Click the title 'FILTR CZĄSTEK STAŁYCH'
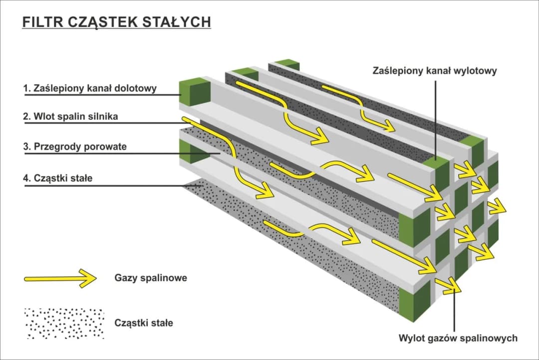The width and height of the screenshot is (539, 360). click(x=116, y=22)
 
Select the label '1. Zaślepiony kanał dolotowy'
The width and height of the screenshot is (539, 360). click(x=90, y=88)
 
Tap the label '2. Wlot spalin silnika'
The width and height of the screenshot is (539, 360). click(x=71, y=117)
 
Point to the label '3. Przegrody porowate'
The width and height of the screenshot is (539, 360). click(x=75, y=147)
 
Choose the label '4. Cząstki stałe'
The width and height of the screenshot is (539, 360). click(x=57, y=178)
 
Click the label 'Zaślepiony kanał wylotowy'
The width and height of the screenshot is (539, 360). click(x=435, y=71)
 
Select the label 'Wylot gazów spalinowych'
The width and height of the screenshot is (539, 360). click(x=458, y=338)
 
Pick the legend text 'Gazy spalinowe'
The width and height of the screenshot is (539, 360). click(x=151, y=278)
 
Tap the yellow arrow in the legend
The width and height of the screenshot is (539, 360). click(x=60, y=278)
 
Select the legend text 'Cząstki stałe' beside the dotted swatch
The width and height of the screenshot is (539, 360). click(x=144, y=323)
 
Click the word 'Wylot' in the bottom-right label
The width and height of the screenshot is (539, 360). click(x=412, y=338)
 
